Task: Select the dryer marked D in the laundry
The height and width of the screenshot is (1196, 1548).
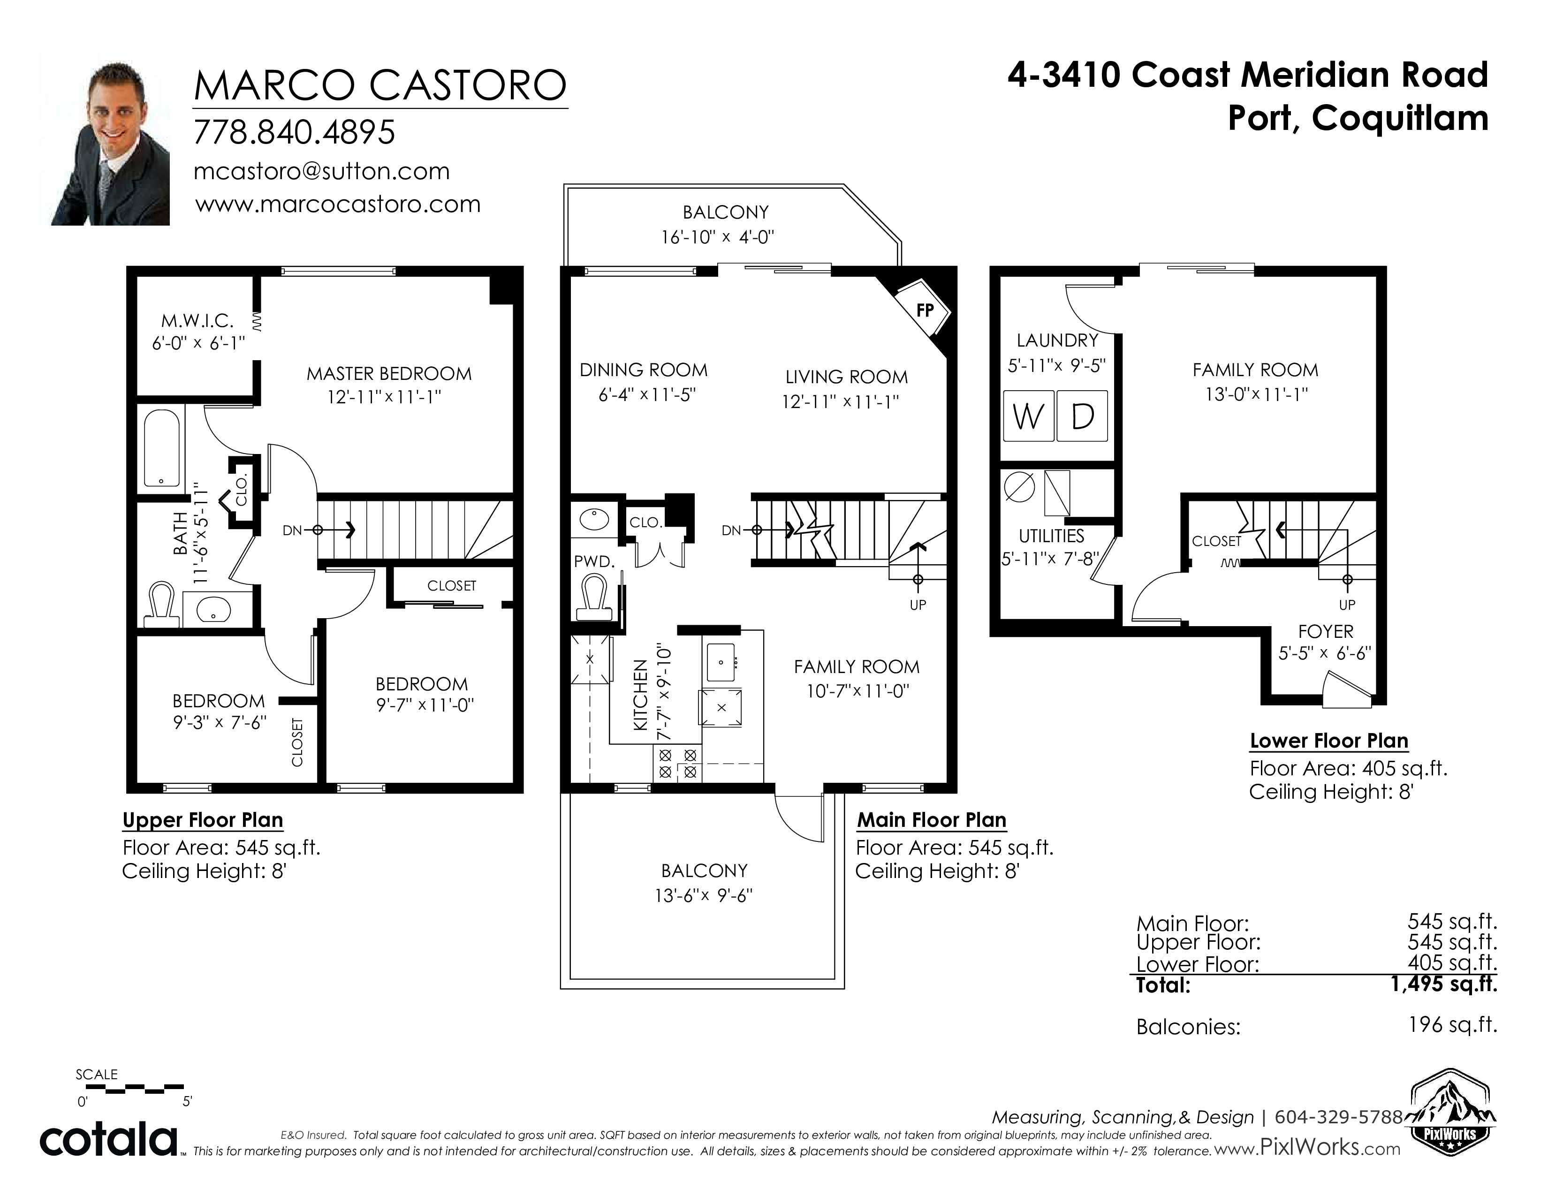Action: pos(1082,416)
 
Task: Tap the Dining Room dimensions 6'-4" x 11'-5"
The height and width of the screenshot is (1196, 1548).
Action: pos(647,394)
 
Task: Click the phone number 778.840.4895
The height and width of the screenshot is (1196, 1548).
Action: pos(294,132)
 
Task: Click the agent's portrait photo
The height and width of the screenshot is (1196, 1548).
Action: pos(111,138)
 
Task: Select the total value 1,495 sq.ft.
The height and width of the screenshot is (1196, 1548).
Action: pos(1444,984)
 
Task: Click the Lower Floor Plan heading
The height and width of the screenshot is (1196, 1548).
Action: pos(1328,741)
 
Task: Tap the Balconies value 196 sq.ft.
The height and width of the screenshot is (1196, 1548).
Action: pos(1453,1024)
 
